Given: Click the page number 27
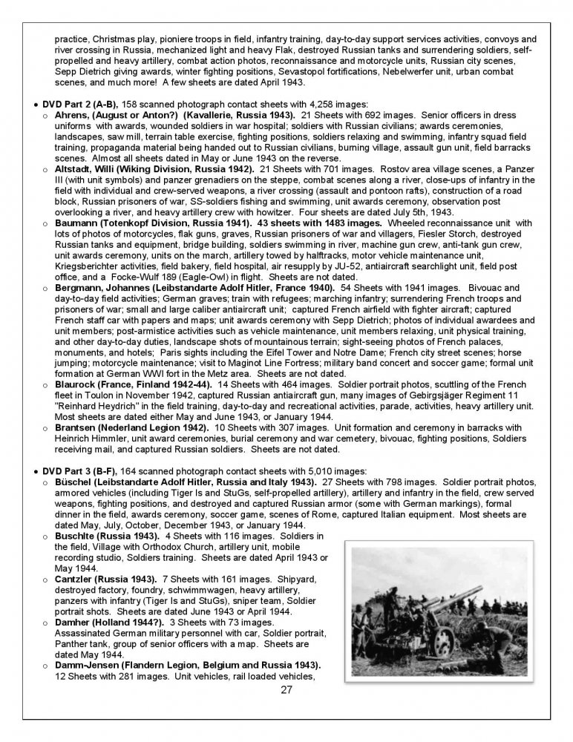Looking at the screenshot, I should click(x=286, y=690).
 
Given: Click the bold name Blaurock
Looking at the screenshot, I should click(x=76, y=385).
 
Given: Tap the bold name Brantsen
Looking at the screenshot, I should click(x=76, y=428).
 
